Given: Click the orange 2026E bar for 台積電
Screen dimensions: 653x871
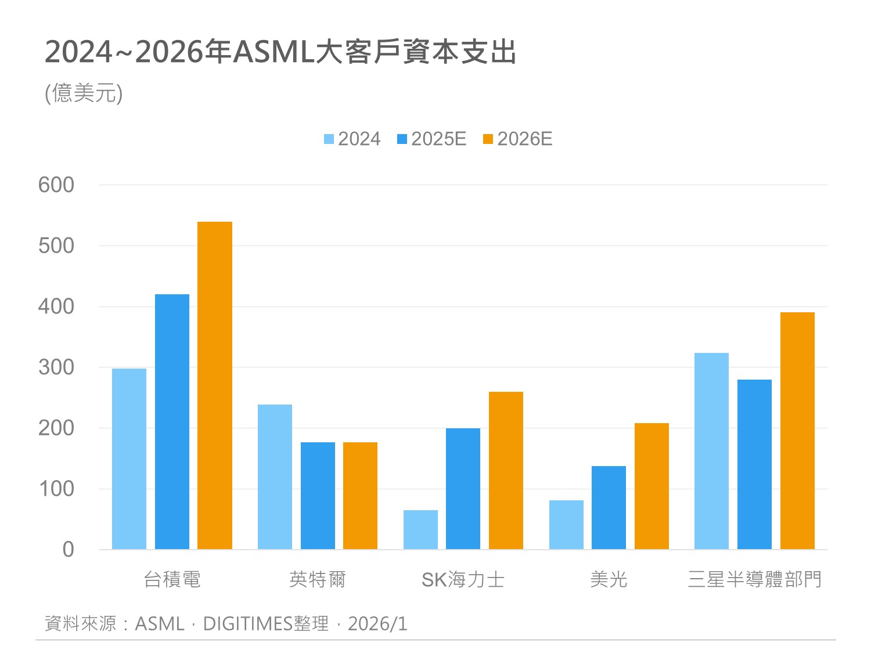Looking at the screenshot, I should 215,385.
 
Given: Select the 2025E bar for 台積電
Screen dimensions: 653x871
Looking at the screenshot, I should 172,421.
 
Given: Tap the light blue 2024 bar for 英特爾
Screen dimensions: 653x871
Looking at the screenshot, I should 275,477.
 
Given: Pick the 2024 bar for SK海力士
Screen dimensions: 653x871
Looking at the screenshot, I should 420,529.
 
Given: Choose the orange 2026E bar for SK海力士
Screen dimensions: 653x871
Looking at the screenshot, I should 506,470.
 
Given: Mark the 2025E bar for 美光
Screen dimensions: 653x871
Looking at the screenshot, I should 609,507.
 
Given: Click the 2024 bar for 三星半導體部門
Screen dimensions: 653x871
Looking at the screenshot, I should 711,451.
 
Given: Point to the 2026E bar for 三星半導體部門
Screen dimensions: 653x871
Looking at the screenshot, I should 797,431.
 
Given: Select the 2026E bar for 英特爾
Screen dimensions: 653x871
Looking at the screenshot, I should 360,496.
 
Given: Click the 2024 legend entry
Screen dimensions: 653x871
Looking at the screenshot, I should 352,139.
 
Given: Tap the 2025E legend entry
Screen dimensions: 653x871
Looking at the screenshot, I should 432,139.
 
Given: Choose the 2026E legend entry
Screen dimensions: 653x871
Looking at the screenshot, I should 518,139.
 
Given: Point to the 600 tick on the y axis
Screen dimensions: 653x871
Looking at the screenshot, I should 56,185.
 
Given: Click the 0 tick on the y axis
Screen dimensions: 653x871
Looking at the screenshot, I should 68,549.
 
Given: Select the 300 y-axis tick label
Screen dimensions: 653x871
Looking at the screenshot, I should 56,367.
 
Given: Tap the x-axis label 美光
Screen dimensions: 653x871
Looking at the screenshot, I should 609,579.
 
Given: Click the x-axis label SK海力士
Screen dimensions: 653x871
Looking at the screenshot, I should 463,579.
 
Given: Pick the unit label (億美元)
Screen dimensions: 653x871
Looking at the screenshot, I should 84,93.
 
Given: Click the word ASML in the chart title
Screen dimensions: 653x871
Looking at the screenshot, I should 273,52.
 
